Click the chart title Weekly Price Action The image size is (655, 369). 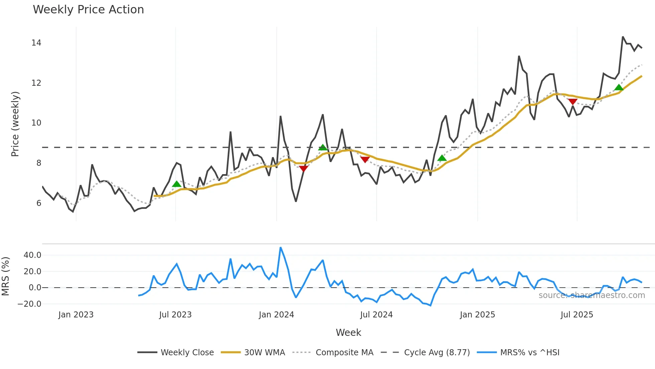coord(88,10)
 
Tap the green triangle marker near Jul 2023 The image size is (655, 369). coord(176,184)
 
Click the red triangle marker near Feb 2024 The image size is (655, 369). coord(303,168)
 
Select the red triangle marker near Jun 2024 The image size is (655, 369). coord(365,160)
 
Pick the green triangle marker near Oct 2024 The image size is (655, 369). coord(442,158)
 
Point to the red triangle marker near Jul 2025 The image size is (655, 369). coord(572,102)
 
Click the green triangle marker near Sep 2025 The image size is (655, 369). coord(619,88)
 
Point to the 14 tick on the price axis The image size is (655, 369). coord(36,43)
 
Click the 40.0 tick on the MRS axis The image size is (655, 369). coord(32,255)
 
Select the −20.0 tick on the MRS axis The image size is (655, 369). coord(29,304)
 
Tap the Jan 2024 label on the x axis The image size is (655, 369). coord(276,315)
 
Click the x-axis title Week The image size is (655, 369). coord(348,333)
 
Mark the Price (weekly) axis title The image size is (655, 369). coord(15,124)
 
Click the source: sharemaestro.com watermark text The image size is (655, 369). coord(592,295)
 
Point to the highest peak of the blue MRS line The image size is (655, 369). coord(280,248)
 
